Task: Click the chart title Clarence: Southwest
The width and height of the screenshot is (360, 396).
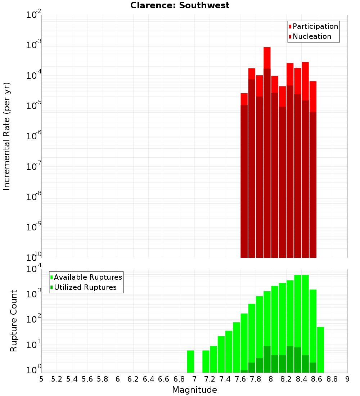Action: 180,5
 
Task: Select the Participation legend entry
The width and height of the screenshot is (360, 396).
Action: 315,26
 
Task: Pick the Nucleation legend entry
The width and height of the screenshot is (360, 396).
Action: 311,36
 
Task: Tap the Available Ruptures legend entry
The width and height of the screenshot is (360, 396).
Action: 87,277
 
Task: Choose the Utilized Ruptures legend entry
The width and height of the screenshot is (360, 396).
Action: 85,287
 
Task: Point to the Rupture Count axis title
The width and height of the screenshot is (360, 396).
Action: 14,321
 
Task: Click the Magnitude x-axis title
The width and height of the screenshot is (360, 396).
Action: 194,390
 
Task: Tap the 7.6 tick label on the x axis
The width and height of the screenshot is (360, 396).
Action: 240,379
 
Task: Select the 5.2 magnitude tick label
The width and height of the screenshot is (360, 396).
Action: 57,379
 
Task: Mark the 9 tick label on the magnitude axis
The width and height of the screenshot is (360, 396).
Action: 347,379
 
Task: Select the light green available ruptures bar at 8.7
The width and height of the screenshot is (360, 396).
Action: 320,350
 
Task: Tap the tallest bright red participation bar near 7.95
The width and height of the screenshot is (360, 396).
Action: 267,58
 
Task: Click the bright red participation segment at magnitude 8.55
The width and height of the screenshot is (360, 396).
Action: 313,96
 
